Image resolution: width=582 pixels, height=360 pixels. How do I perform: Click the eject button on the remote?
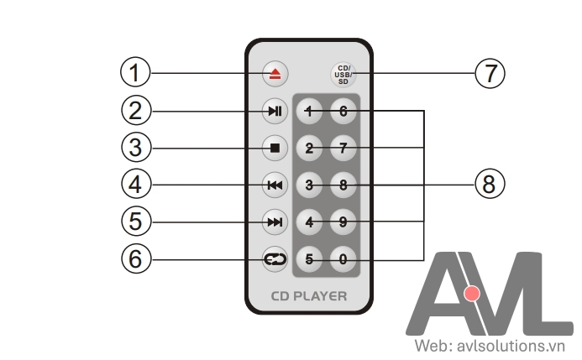click(275, 73)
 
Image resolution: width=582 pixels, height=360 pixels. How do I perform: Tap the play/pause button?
click(275, 111)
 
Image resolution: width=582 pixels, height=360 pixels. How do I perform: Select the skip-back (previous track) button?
click(275, 185)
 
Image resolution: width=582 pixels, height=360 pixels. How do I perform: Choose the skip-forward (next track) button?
click(275, 222)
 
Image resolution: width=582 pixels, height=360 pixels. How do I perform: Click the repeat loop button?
click(275, 259)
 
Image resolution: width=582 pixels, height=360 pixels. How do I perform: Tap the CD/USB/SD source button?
click(343, 73)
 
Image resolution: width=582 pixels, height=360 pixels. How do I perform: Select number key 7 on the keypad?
click(343, 149)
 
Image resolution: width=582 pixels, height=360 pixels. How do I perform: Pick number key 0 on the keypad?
click(343, 259)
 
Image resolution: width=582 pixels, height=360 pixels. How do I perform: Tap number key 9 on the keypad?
click(343, 222)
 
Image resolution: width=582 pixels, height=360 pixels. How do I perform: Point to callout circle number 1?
click(134, 73)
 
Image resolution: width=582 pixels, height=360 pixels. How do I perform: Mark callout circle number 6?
click(134, 258)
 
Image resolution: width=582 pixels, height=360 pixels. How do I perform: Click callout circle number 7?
click(490, 73)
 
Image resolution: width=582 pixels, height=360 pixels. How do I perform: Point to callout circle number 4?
click(134, 184)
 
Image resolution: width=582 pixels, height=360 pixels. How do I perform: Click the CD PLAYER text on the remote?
click(308, 296)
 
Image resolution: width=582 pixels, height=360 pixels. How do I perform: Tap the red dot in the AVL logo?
click(472, 294)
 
